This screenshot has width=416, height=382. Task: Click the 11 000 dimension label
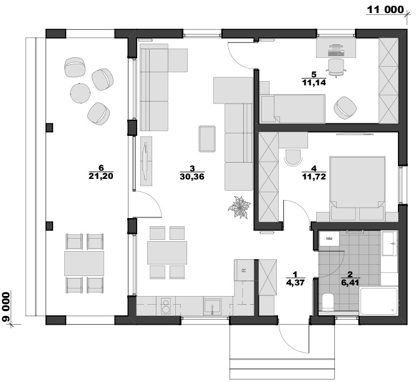(x=385, y=9)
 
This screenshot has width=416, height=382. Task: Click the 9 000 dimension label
(x=6, y=307)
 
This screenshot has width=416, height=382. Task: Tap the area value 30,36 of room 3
(x=192, y=176)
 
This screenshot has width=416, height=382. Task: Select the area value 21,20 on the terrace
(x=101, y=176)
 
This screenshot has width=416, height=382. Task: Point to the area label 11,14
(x=314, y=82)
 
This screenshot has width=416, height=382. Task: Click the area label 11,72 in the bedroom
(x=314, y=176)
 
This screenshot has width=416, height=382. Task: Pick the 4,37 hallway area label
(x=295, y=282)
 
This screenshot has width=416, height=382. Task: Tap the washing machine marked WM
(x=329, y=239)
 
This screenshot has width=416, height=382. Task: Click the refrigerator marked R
(x=244, y=270)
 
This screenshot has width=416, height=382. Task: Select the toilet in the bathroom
(x=328, y=302)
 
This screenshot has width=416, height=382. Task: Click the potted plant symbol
(x=239, y=208)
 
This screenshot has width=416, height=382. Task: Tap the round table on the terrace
(x=80, y=93)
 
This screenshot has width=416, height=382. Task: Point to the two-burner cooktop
(x=166, y=306)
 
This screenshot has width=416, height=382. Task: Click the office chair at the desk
(x=336, y=67)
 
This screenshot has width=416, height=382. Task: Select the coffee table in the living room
(x=207, y=138)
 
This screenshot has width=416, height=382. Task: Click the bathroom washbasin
(x=389, y=244)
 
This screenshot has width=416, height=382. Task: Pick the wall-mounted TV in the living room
(x=145, y=160)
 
